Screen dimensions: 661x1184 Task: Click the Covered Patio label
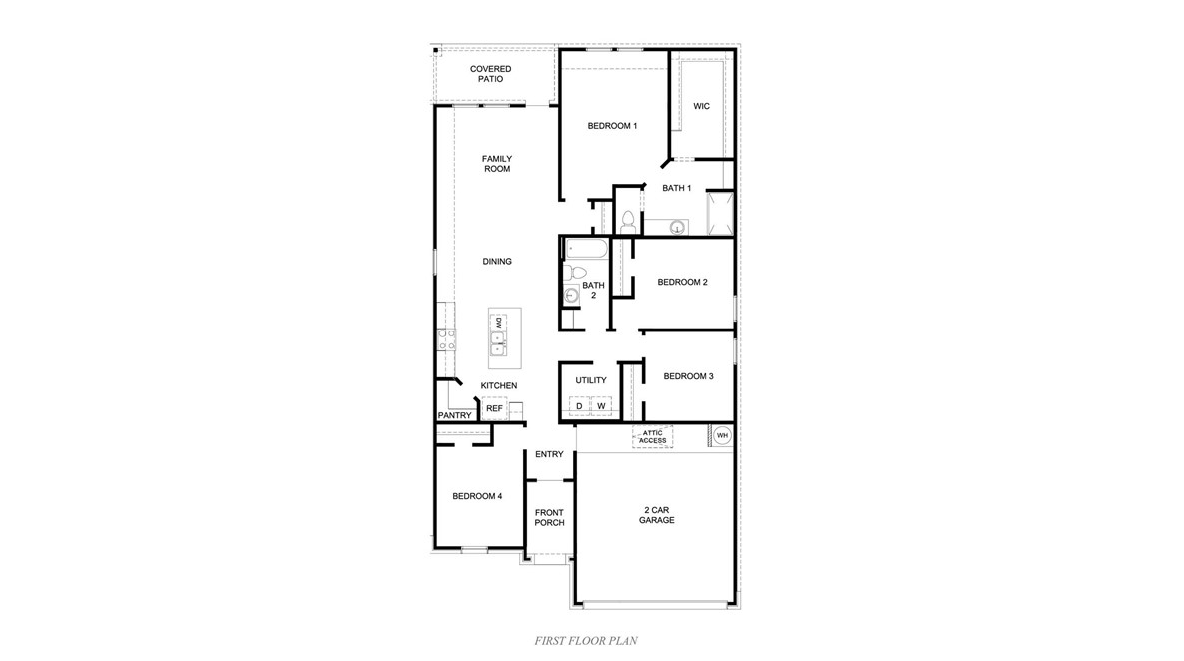[490, 74]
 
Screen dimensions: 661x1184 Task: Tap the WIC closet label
[701, 106]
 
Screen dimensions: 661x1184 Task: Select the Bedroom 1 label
[612, 126]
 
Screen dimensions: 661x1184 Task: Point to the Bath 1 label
[676, 188]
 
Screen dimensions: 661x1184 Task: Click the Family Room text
[496, 164]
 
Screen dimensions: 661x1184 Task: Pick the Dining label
[497, 262]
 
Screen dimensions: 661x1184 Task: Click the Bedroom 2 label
[682, 283]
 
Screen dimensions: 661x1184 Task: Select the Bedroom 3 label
[688, 376]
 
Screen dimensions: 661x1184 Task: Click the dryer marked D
[579, 406]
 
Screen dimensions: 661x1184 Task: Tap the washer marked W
[601, 406]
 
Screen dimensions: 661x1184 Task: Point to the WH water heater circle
[722, 436]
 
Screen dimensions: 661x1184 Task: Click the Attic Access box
[653, 437]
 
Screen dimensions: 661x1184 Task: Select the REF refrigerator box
[494, 408]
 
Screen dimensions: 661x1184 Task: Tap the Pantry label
[453, 416]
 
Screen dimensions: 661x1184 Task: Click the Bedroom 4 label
[477, 496]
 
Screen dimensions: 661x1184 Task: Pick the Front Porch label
[549, 518]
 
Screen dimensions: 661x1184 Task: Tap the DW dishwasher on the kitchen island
[497, 322]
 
